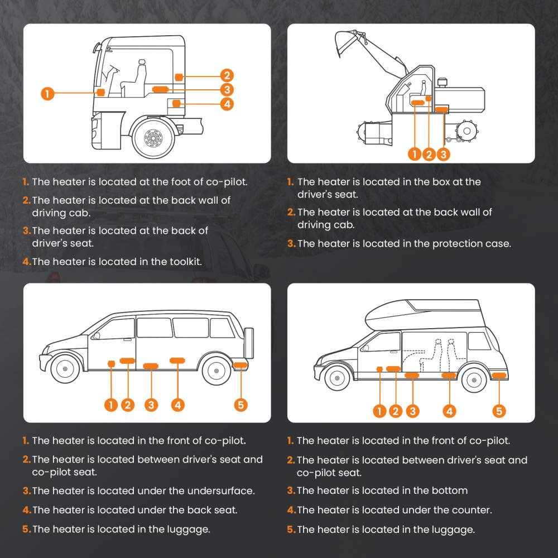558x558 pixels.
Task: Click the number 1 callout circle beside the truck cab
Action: tap(47, 93)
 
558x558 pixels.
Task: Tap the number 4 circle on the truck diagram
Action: tap(226, 104)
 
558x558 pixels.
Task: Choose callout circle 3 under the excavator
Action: tap(443, 154)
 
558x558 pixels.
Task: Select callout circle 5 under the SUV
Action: tap(241, 405)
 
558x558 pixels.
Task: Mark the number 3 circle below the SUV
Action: tap(151, 405)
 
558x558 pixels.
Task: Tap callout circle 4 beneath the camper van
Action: tap(449, 411)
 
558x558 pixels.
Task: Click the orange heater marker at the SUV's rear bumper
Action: tap(240, 365)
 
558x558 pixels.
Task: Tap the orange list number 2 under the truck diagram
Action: tap(26, 200)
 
